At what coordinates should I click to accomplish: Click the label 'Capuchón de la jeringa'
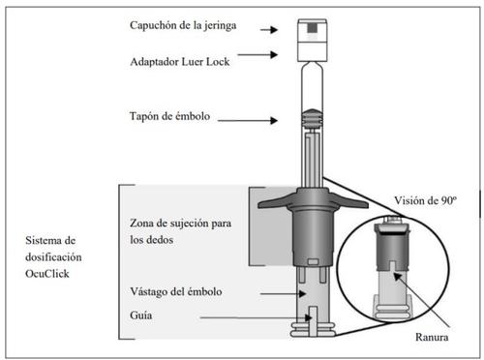pos(183,25)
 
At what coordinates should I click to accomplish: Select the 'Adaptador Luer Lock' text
pos(180,61)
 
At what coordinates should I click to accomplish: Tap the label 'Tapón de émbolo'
pos(169,116)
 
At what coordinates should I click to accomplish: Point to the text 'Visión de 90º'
pos(425,200)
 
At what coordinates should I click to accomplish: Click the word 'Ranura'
pos(432,337)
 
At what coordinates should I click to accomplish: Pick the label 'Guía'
pos(141,315)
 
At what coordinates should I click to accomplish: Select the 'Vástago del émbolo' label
pos(176,291)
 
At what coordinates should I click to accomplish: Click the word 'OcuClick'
pos(47,274)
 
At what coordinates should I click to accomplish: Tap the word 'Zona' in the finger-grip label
pos(141,223)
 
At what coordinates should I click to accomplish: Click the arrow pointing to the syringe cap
pos(269,30)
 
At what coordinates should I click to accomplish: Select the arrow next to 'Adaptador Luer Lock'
pos(257,55)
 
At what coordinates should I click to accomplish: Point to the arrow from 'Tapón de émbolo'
pos(248,121)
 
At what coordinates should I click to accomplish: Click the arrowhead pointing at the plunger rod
pos(302,294)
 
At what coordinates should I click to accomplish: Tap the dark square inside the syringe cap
pos(312,28)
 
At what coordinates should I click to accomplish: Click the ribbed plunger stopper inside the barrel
pos(312,118)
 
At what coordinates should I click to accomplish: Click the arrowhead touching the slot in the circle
pos(398,277)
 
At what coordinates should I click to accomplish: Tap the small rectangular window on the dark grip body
pos(313,261)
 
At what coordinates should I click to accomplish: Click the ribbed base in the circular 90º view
pos(392,307)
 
